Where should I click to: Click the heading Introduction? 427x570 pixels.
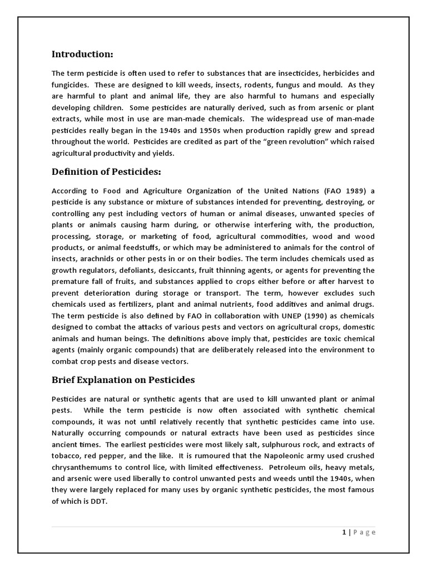click(x=82, y=54)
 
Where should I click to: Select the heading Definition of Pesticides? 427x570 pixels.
click(x=106, y=173)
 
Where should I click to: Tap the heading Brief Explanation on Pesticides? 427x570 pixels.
click(x=123, y=380)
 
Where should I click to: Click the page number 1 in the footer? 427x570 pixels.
click(x=344, y=532)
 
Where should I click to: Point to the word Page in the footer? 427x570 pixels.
click(x=365, y=532)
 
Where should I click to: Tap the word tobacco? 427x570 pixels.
click(x=66, y=455)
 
